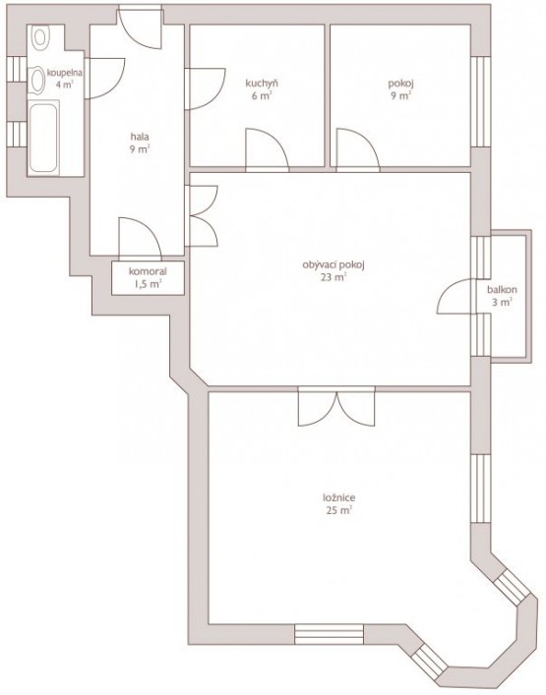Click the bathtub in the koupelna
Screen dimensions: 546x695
[x=43, y=138]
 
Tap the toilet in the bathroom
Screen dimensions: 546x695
[x=40, y=36]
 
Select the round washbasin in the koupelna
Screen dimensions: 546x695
[x=37, y=80]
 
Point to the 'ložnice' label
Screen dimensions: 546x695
[x=338, y=497]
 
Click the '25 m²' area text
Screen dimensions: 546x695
[x=338, y=510]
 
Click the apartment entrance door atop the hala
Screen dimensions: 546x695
[x=140, y=28]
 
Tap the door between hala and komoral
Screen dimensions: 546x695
[x=140, y=238]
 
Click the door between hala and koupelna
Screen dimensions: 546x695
[x=105, y=78]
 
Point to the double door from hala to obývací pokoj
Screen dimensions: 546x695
[x=203, y=215]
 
